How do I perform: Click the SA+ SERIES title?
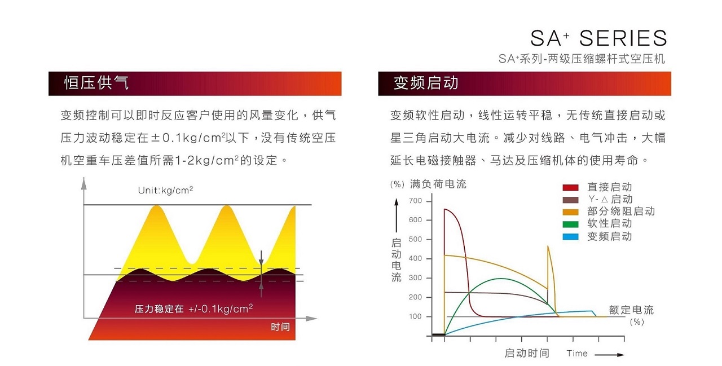(x=598, y=38)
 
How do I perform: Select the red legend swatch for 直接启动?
(x=571, y=187)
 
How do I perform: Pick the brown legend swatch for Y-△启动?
(x=571, y=200)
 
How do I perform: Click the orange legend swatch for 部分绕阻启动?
(x=571, y=212)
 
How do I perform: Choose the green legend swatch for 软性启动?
(x=571, y=224)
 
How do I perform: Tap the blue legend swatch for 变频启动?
(x=571, y=237)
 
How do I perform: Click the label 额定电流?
(x=631, y=310)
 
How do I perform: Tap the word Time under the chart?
(x=576, y=354)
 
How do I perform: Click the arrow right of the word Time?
(x=609, y=355)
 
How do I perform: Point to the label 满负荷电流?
(x=438, y=184)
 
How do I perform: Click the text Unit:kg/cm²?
(x=165, y=190)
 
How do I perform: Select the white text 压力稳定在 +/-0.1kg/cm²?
(x=193, y=308)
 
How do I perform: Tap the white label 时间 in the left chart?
(x=280, y=327)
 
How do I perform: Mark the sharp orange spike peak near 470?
(x=548, y=246)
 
